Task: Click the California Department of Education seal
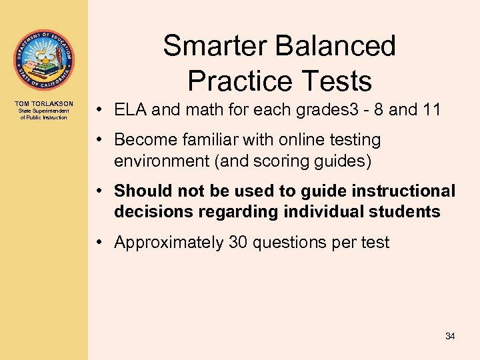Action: click(43, 61)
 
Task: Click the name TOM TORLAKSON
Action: click(43, 104)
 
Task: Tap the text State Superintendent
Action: click(43, 111)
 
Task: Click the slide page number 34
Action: click(450, 337)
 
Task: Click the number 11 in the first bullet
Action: click(431, 109)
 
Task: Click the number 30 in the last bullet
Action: click(238, 243)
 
